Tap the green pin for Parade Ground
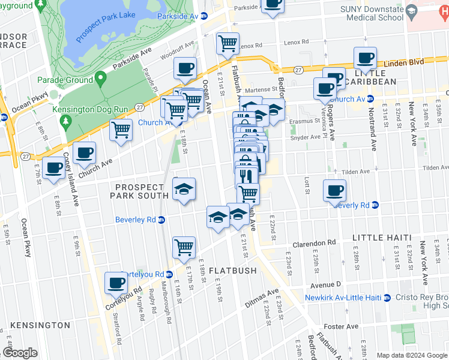[100, 78]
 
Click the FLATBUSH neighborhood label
[233, 271]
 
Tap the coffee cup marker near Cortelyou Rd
[116, 282]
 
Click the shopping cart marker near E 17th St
[184, 247]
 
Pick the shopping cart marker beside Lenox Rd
[228, 43]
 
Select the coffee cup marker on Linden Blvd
[365, 58]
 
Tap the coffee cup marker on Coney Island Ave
[84, 154]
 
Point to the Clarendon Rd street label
[314, 244]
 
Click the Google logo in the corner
[20, 353]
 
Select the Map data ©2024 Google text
[411, 355]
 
